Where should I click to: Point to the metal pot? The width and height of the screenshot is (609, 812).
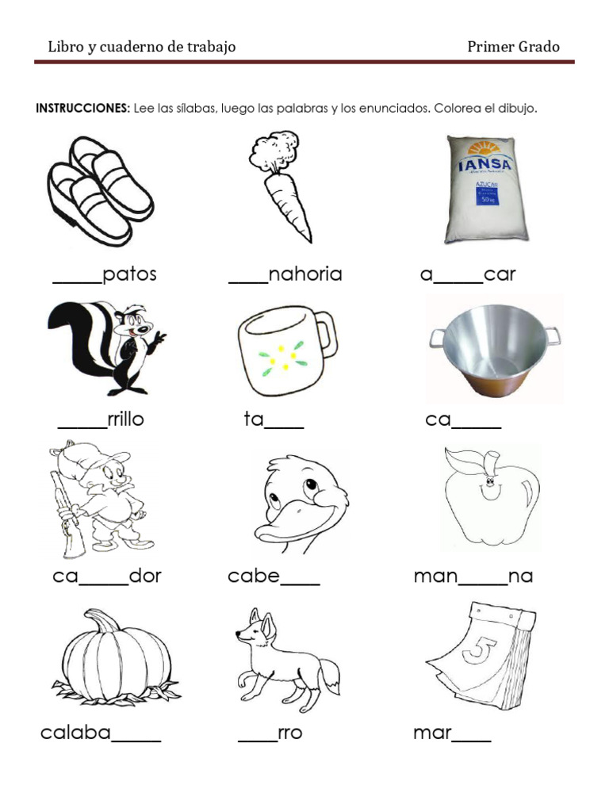(x=493, y=349)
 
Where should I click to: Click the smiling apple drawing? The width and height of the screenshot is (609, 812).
(x=489, y=496)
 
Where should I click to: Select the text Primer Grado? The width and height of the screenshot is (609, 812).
(x=513, y=47)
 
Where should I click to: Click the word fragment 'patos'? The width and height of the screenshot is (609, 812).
(x=130, y=274)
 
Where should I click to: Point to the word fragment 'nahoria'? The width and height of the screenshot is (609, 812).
(x=305, y=274)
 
